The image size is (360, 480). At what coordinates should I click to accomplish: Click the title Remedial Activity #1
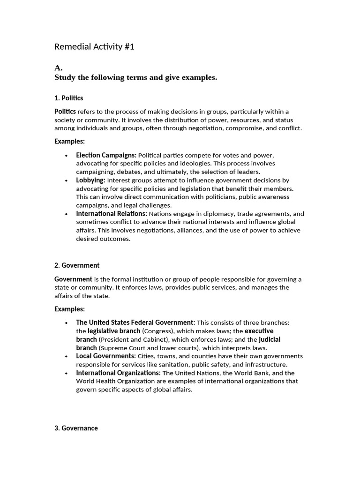[x=94, y=47]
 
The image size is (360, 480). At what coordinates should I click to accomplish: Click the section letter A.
[x=59, y=68]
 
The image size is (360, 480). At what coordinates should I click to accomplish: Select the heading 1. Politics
[x=68, y=98]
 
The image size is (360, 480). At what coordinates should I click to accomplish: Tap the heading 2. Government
[x=77, y=265]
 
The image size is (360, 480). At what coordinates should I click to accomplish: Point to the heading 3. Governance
[x=76, y=428]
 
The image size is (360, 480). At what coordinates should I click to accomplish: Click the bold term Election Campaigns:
[x=106, y=155]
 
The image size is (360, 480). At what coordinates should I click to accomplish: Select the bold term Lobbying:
[x=91, y=180]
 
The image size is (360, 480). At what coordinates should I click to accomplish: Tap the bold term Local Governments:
[x=106, y=356]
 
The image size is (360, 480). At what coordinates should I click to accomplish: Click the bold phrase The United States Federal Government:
[x=135, y=322]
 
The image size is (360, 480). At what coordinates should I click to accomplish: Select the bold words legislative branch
[x=114, y=331]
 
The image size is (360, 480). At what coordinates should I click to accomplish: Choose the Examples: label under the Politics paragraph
[x=69, y=141]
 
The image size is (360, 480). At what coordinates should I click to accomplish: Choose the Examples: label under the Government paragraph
[x=69, y=309]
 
